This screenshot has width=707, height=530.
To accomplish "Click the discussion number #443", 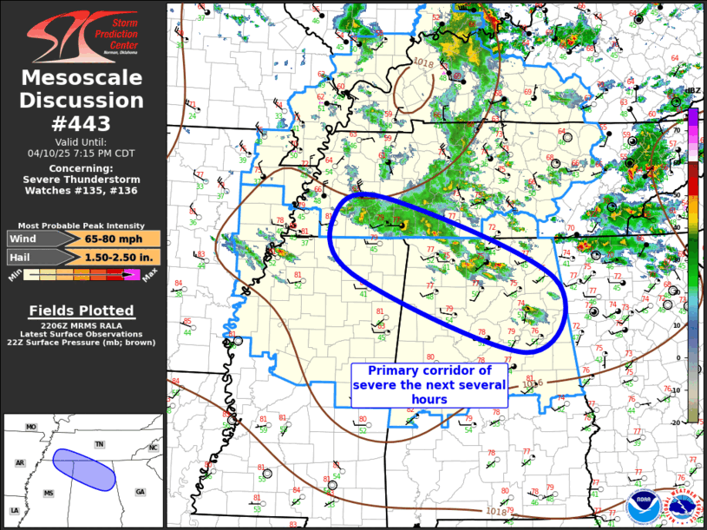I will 82,123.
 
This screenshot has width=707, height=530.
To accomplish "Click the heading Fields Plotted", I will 82,311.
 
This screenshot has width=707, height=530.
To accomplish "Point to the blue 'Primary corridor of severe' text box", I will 429,384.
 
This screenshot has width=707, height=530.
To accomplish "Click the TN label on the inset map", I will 99,444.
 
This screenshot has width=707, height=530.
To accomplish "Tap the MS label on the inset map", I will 49,494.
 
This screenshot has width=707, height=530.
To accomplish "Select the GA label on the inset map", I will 141,492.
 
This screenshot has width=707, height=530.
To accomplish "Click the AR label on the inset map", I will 19,463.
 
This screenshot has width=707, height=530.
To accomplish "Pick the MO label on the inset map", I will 31,428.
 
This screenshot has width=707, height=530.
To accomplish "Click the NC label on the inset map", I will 153,448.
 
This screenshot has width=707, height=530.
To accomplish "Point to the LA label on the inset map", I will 14,511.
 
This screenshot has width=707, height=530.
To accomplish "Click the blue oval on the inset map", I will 83,468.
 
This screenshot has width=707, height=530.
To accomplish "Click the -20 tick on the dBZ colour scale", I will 699,422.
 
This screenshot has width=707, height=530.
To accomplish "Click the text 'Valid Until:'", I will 82,141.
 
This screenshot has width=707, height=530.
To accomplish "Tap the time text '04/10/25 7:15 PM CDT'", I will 82,153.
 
